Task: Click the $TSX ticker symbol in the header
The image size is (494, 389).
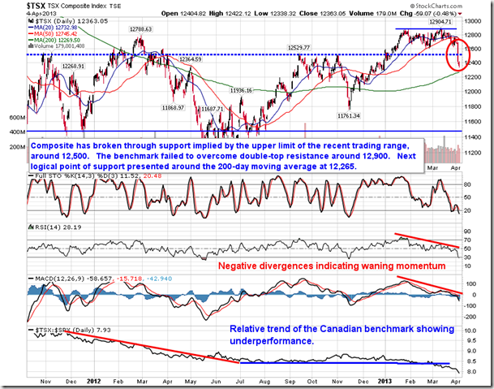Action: [x=15, y=6]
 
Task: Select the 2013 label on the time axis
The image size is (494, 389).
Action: [x=384, y=381]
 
